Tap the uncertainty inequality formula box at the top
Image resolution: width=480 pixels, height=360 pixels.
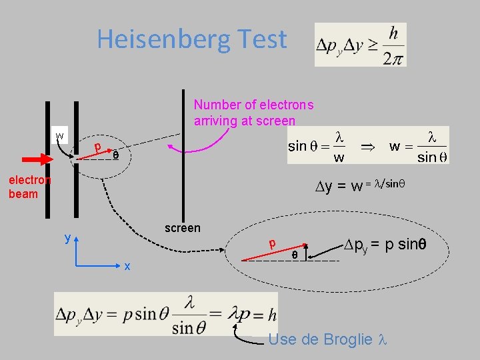pyautogui.click(x=360, y=45)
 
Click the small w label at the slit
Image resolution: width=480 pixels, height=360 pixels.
pyautogui.click(x=60, y=136)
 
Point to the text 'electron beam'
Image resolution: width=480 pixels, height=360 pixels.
pyautogui.click(x=29, y=187)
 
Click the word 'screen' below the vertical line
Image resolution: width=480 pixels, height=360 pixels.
pyautogui.click(x=182, y=228)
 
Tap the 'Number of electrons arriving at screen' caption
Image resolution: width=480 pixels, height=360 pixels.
pyautogui.click(x=253, y=113)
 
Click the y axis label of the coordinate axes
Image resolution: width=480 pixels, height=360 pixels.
pyautogui.click(x=67, y=237)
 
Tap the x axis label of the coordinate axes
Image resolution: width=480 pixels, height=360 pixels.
pyautogui.click(x=126, y=266)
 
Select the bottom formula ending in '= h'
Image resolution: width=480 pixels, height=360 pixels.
pyautogui.click(x=167, y=313)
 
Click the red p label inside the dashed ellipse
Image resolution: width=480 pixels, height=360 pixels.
pyautogui.click(x=272, y=244)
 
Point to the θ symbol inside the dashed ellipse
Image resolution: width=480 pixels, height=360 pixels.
pyautogui.click(x=294, y=254)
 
